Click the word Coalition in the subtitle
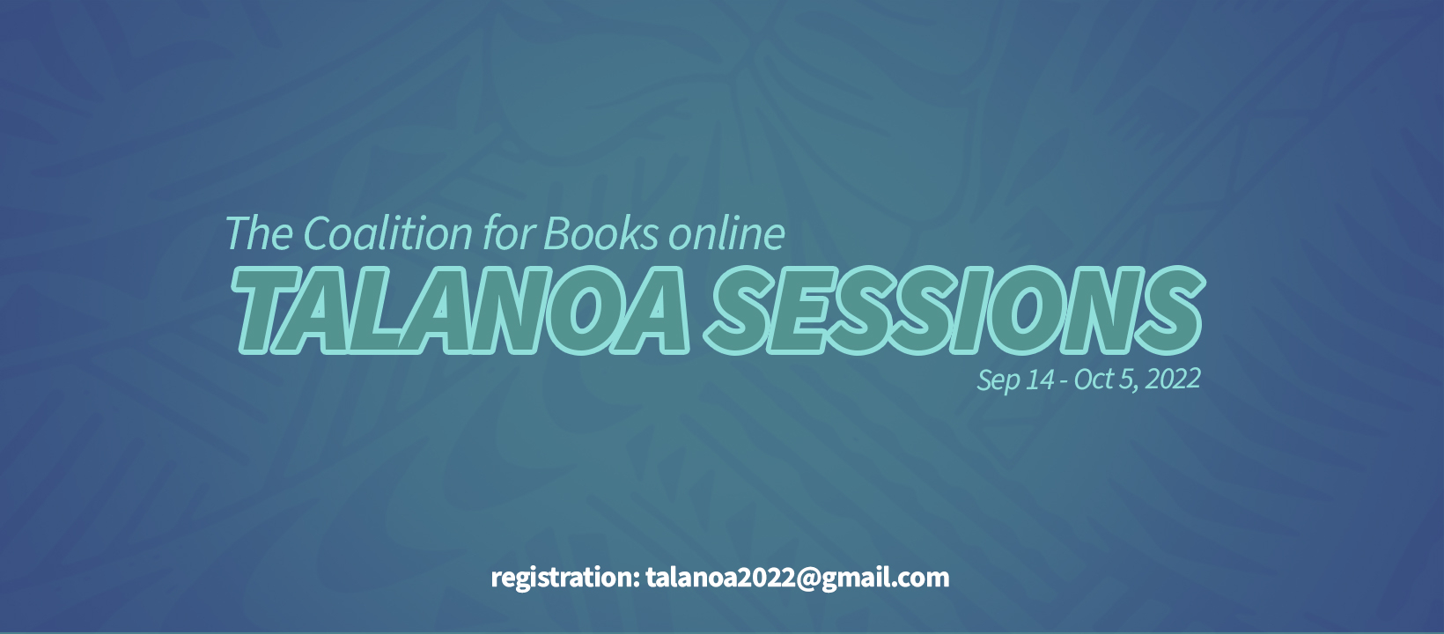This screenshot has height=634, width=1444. tap(387, 232)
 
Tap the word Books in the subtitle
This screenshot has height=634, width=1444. tap(600, 232)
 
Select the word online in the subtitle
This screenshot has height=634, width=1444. tap(726, 232)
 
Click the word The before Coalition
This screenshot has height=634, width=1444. tap(259, 232)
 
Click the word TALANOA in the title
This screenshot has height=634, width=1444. tap(460, 310)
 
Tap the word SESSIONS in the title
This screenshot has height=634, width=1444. tap(954, 310)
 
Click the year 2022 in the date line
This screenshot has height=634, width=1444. tap(1173, 380)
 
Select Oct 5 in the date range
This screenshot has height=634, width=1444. tap(1102, 380)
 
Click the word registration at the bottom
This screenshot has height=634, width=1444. tap(564, 578)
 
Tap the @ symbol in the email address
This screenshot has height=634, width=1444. tap(807, 579)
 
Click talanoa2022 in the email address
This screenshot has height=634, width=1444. tap(720, 578)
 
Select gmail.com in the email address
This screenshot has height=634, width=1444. tap(886, 579)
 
